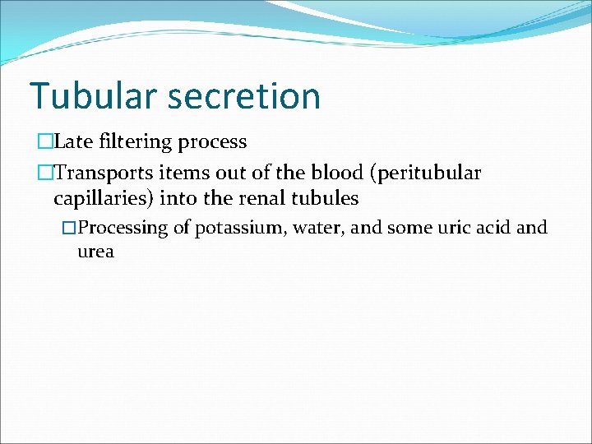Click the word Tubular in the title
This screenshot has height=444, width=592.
tap(93, 95)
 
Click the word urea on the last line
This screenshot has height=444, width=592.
tap(95, 252)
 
